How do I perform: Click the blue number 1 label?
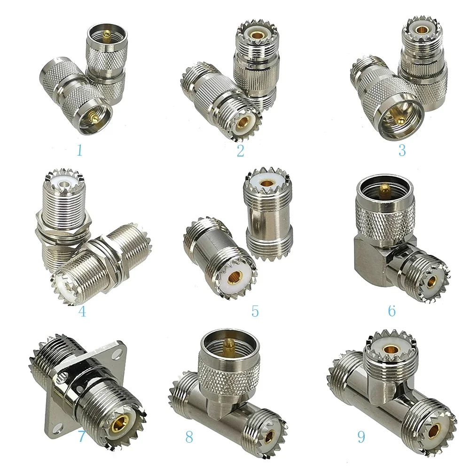[79, 150]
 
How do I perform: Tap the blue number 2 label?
[241, 151]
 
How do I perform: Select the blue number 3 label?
[402, 150]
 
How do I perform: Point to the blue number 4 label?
[83, 311]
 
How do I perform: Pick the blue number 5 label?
[255, 311]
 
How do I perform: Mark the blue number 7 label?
[81, 437]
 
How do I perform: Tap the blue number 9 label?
[361, 437]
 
